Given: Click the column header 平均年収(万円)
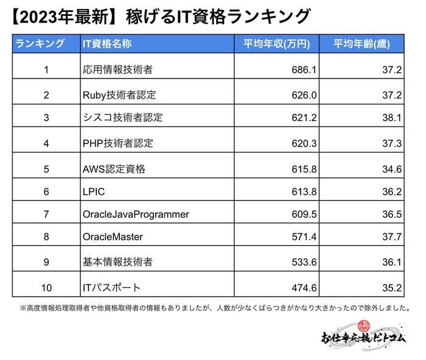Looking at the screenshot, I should (278, 44).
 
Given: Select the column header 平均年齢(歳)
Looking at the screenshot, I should (361, 44).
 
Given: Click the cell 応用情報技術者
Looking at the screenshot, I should (117, 70).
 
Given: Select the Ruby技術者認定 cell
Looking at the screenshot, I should (119, 95).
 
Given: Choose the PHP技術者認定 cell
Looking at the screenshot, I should (117, 144).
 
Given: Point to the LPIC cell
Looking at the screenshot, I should (94, 192).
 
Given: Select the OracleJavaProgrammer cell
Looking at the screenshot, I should (136, 215).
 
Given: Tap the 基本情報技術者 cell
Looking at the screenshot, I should (117, 262).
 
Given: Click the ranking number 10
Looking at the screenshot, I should (46, 288).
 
